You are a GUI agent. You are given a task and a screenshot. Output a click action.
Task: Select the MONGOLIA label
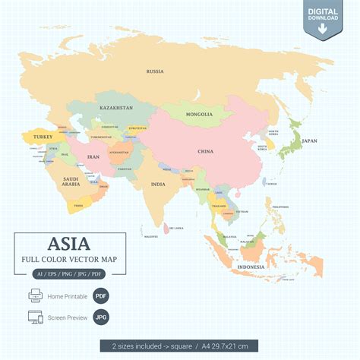pos(200,115)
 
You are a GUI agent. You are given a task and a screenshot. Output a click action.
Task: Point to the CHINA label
pos(205,151)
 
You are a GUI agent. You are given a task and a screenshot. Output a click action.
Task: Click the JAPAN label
pos(309,141)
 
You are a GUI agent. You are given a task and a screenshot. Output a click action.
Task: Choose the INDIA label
pos(158,184)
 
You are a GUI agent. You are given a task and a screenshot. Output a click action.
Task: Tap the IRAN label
pos(94,156)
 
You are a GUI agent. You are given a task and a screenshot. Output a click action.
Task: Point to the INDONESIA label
pos(251,267)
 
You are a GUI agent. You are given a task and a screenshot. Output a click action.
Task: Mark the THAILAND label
pos(219,206)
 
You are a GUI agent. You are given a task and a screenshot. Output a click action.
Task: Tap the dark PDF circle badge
pos(101,295)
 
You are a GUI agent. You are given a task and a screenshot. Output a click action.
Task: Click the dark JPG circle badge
pos(101,317)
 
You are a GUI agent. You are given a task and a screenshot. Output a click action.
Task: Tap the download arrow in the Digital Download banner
pos(323,29)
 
